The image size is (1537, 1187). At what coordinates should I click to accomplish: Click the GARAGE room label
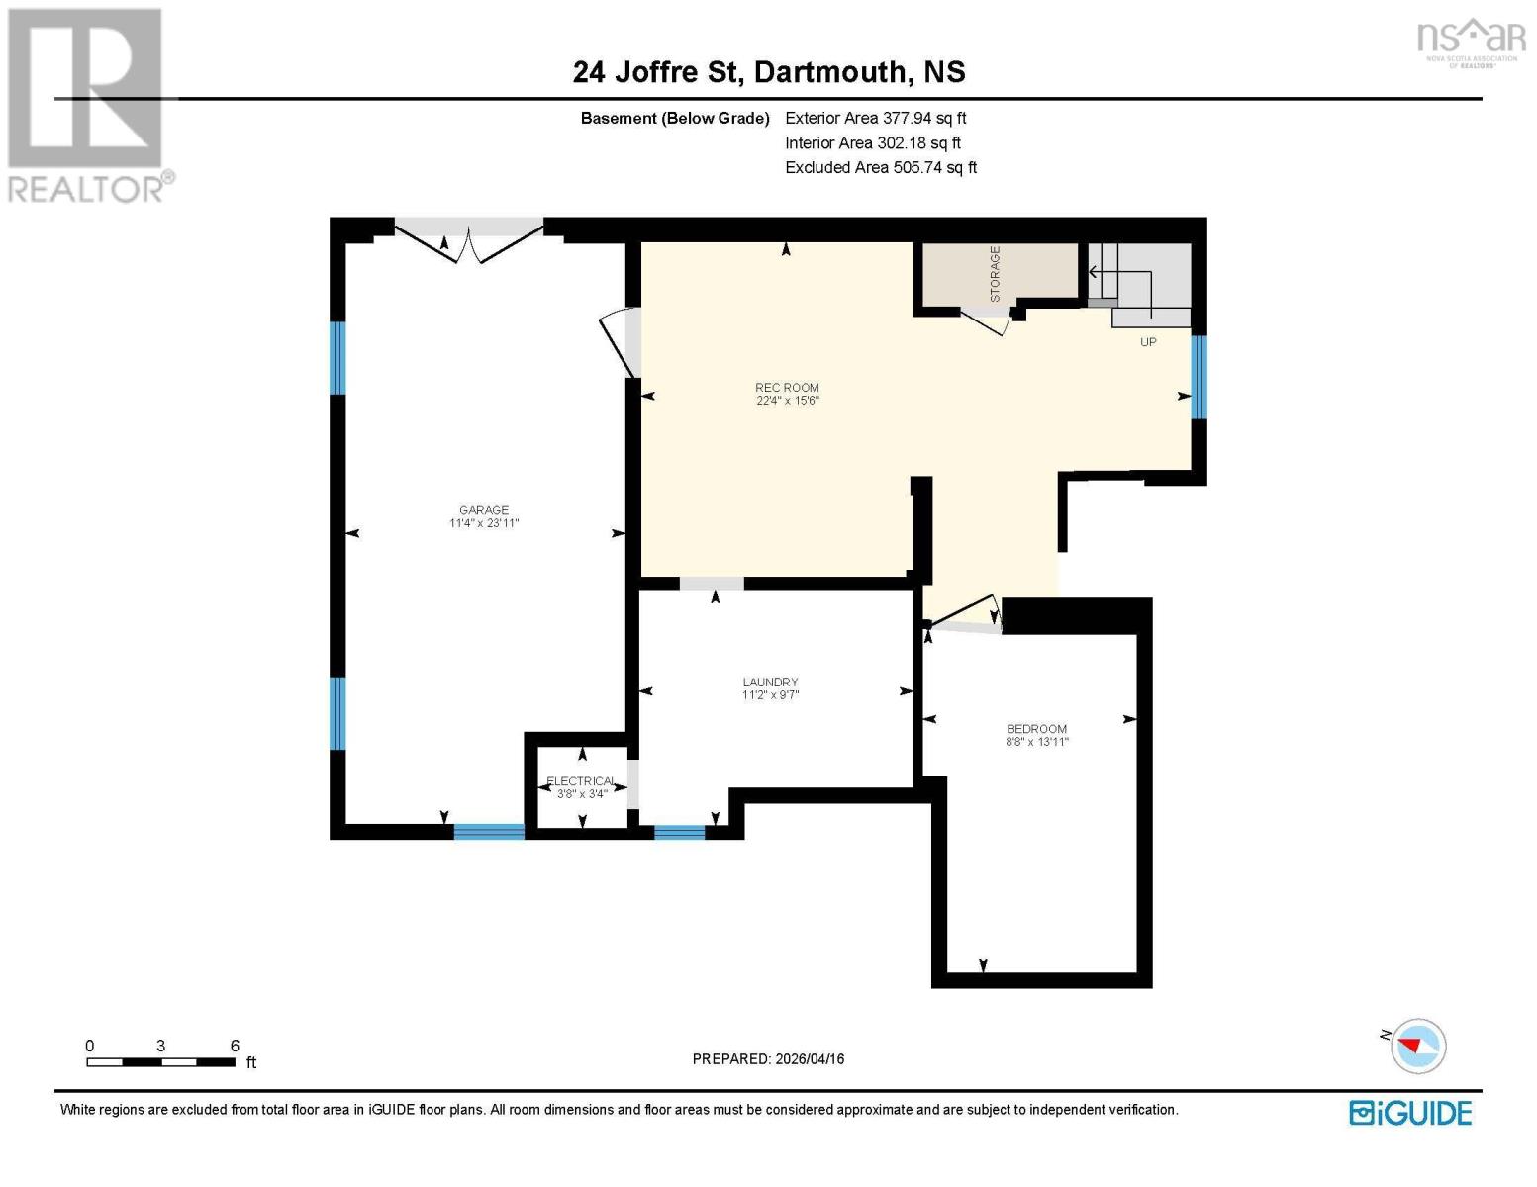click(483, 510)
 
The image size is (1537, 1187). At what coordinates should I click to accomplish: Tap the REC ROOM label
click(787, 388)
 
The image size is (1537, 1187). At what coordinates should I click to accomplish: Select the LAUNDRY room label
click(770, 683)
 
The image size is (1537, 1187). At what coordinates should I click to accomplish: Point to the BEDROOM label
click(1036, 729)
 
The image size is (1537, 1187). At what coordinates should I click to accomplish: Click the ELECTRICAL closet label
click(581, 781)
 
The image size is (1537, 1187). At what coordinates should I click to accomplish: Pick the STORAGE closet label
click(995, 274)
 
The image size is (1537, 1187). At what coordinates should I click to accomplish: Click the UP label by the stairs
click(1148, 342)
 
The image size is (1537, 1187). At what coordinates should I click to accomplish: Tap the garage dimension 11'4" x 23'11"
click(484, 523)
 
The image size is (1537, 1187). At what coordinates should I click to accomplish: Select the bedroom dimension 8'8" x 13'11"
click(1037, 742)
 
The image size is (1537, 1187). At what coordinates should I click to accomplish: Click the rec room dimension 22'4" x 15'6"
click(788, 401)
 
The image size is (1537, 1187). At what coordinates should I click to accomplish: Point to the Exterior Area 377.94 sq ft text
click(875, 118)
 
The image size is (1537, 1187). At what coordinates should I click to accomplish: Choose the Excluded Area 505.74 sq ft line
click(881, 167)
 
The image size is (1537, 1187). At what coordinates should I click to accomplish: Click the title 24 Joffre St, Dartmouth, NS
click(769, 72)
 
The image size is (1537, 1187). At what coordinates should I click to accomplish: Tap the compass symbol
click(1417, 1046)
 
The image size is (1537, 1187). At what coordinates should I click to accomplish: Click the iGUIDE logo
click(1410, 1113)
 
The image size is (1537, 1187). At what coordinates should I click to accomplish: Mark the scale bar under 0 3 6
click(160, 1062)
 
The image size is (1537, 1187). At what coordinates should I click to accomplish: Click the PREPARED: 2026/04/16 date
click(768, 1059)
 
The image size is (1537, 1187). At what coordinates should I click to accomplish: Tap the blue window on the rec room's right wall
click(1199, 377)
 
